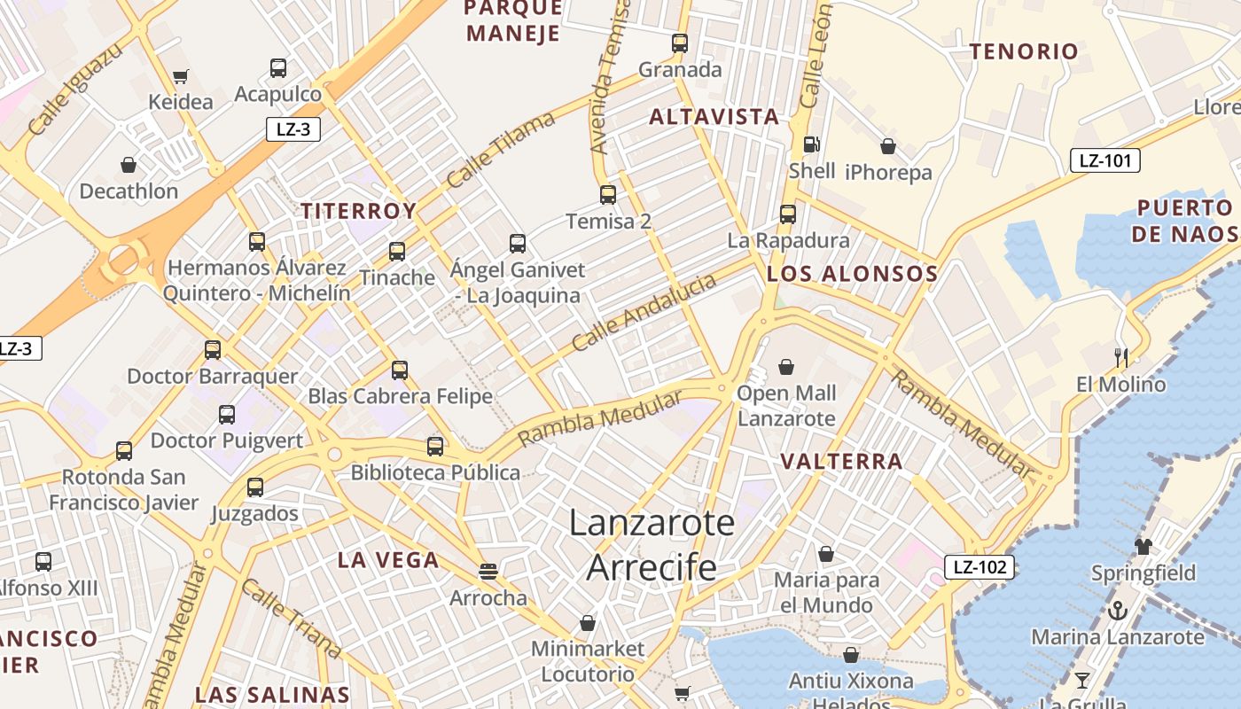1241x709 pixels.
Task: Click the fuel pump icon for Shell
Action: point(810,144)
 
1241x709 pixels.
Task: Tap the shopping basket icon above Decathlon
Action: point(129,165)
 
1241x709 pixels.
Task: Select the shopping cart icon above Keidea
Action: point(181,77)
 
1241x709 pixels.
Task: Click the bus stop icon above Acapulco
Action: point(278,67)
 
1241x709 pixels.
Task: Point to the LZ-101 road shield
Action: point(1104,160)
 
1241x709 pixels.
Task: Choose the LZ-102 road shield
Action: point(979,567)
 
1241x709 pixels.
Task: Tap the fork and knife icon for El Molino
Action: point(1121,358)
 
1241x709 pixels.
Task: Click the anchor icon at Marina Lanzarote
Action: point(1118,611)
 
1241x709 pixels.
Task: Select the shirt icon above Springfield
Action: point(1143,546)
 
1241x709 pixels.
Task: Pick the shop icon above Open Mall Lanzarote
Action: point(786,366)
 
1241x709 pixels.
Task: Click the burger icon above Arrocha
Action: point(488,572)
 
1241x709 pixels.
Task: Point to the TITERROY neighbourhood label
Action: point(358,211)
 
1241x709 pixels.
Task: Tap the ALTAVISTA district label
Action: point(714,116)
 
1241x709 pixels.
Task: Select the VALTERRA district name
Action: point(841,461)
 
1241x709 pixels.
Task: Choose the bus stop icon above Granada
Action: point(680,43)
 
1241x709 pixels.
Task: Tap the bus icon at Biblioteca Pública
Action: point(435,446)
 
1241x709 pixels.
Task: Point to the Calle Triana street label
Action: point(291,619)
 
